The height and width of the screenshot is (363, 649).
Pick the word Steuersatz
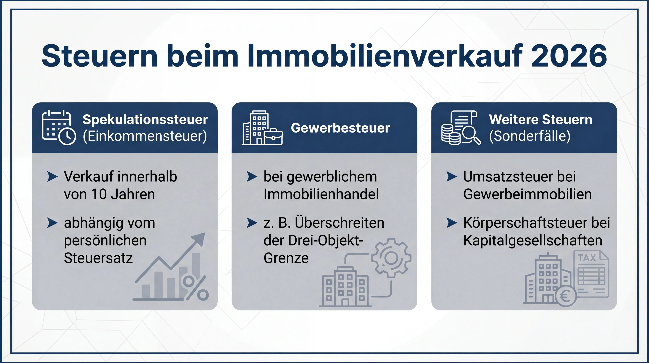(98, 258)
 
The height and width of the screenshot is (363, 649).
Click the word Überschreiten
(339, 223)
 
